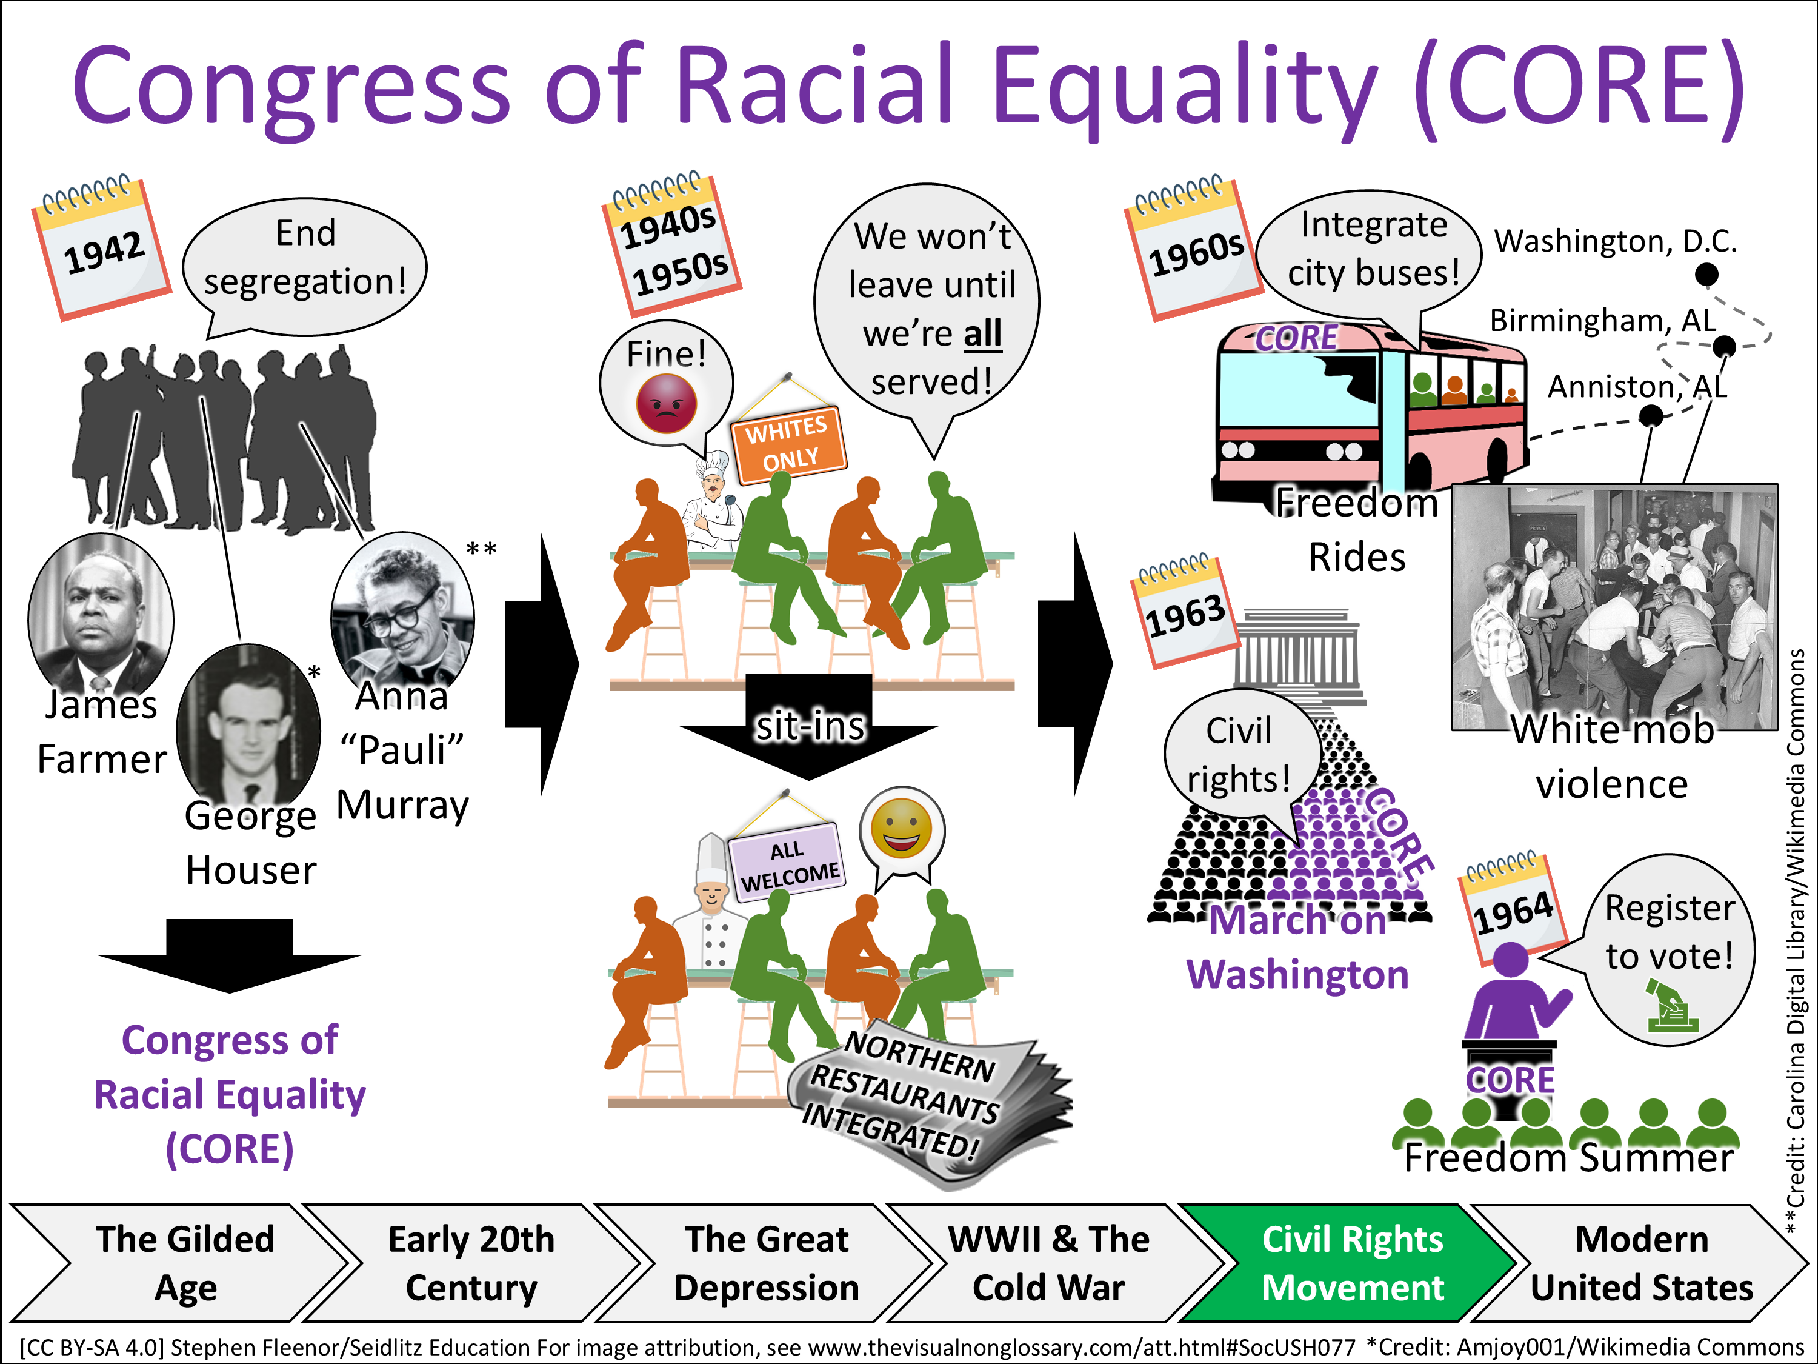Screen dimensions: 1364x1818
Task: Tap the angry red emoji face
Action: coord(667,403)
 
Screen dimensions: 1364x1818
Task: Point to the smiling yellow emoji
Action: coord(902,829)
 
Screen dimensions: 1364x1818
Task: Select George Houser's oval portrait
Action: coord(249,723)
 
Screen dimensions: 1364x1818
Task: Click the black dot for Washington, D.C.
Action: coord(1707,274)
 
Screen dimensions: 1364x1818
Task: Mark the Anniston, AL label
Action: coord(1637,386)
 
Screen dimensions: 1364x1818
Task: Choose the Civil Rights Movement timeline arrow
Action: coord(1352,1264)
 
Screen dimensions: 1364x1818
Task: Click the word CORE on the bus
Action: coord(1297,338)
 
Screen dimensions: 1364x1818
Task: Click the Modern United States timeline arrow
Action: coord(1641,1264)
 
